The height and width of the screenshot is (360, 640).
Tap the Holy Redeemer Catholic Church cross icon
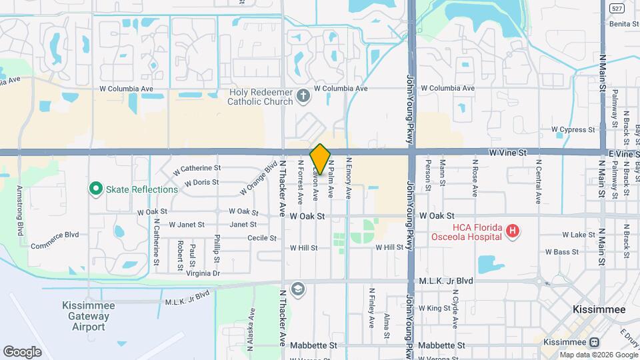coord(303,96)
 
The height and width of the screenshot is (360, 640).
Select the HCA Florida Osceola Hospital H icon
coord(512,232)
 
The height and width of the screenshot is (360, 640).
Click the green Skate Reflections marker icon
coord(95,189)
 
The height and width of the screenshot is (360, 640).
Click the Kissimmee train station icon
coord(593,341)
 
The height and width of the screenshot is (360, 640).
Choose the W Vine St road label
coord(507,153)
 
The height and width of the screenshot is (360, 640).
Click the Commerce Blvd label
coord(55,235)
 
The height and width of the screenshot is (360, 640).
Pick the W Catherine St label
coord(197,169)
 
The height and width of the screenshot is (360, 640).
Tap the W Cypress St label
coord(573,129)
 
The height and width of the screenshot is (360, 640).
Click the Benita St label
coord(625,23)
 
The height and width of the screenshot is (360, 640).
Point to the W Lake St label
coord(579,235)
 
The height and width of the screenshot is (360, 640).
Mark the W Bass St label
coord(561,252)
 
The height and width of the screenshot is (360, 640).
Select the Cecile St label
coord(262,238)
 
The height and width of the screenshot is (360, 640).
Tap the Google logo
coord(22,351)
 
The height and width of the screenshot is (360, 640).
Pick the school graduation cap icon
coord(297,289)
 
